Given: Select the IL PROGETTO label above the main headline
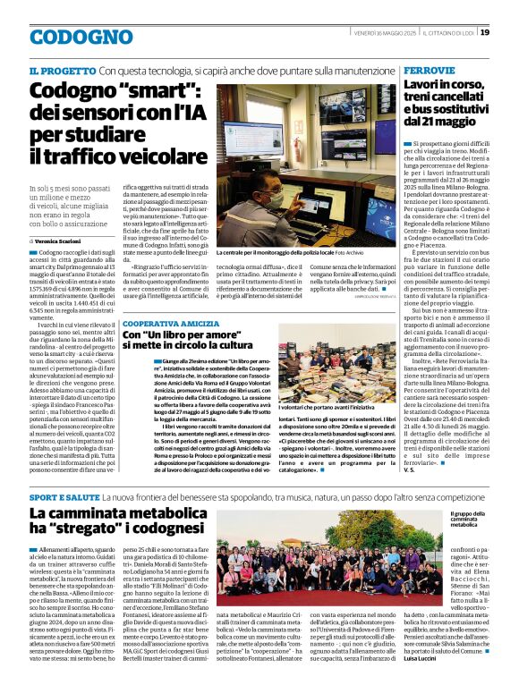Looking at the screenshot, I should pyautogui.click(x=62, y=70).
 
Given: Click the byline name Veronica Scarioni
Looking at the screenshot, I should pyautogui.click(x=64, y=241).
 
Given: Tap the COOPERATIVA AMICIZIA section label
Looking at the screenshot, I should pyautogui.click(x=170, y=323).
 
